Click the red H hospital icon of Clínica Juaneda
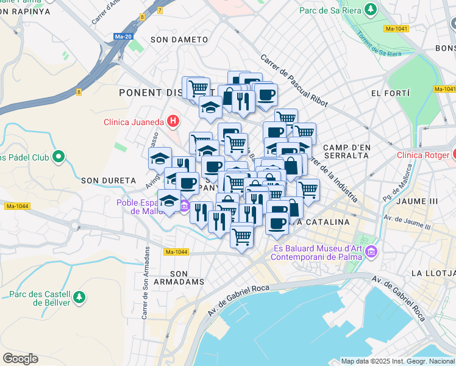(173, 121)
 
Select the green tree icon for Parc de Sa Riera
(369, 10)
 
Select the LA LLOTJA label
(433, 272)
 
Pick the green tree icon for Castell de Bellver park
(79, 297)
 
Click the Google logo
(20, 358)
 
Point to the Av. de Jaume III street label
(407, 222)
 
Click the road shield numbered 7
(160, 10)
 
